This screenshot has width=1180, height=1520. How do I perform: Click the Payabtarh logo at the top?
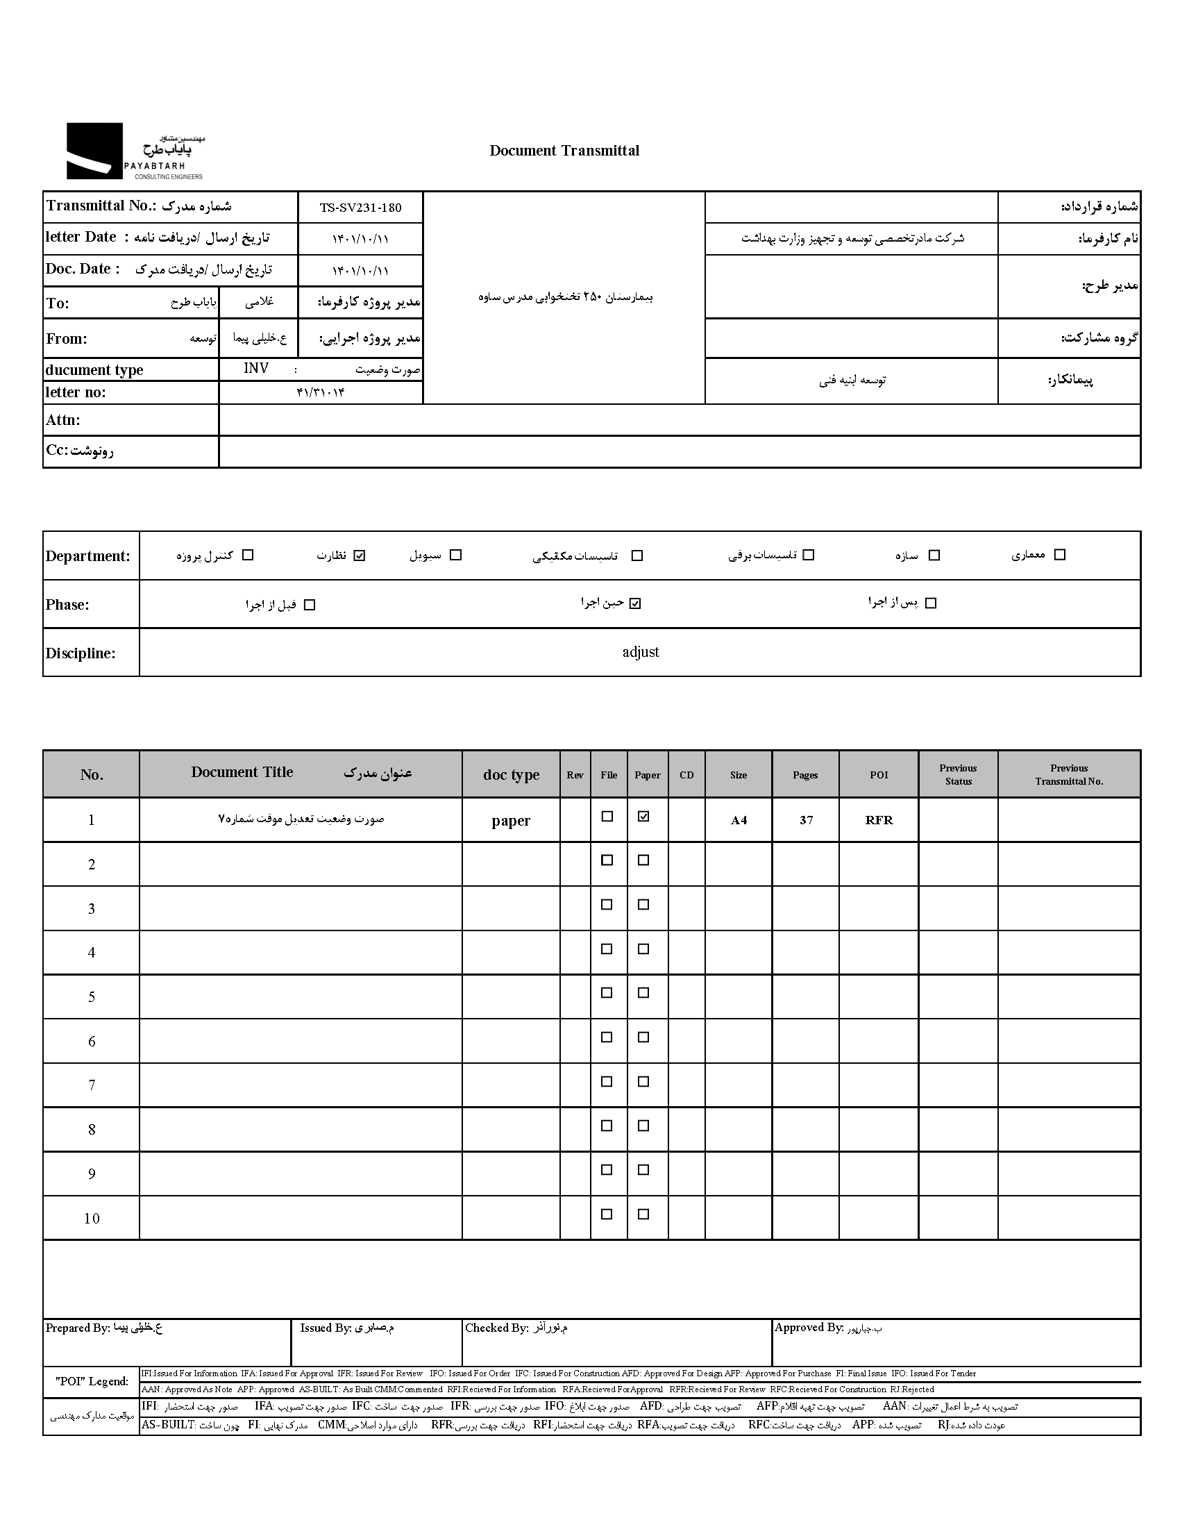(x=134, y=151)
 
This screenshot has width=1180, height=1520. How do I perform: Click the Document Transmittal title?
(x=564, y=151)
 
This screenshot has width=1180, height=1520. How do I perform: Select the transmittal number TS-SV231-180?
(x=360, y=208)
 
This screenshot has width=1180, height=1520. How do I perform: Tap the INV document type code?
(x=256, y=368)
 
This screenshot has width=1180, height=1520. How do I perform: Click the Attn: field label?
(x=63, y=420)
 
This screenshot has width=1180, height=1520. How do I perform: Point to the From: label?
(x=67, y=339)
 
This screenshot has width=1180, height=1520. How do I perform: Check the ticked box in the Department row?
(x=359, y=556)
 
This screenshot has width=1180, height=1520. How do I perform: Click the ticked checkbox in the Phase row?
(x=634, y=603)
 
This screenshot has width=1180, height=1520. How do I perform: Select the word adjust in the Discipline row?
(x=640, y=652)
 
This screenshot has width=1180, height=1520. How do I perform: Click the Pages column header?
(x=805, y=775)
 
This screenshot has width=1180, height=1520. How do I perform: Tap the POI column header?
(x=879, y=775)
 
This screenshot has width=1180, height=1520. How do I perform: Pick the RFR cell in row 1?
(x=879, y=820)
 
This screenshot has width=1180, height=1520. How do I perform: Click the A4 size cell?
(x=739, y=820)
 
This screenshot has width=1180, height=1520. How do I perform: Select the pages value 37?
(x=806, y=820)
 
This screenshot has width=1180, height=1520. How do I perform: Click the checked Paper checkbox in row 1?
(x=643, y=817)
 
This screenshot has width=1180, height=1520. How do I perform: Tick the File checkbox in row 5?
(x=607, y=993)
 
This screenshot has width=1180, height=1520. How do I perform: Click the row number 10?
(x=91, y=1219)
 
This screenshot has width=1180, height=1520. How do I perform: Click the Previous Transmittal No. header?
(x=1069, y=775)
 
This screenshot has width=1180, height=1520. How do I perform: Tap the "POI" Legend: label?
(x=91, y=1382)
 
